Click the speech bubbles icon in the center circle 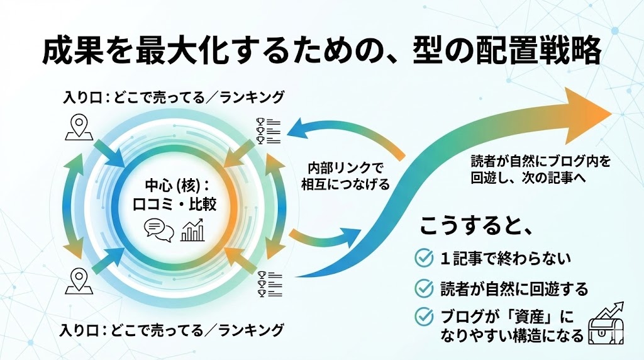coord(158,230)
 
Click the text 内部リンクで coord(343,168)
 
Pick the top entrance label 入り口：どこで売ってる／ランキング coord(173,98)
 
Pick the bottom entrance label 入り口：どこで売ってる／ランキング coord(173,329)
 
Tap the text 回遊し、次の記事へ coord(528,177)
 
